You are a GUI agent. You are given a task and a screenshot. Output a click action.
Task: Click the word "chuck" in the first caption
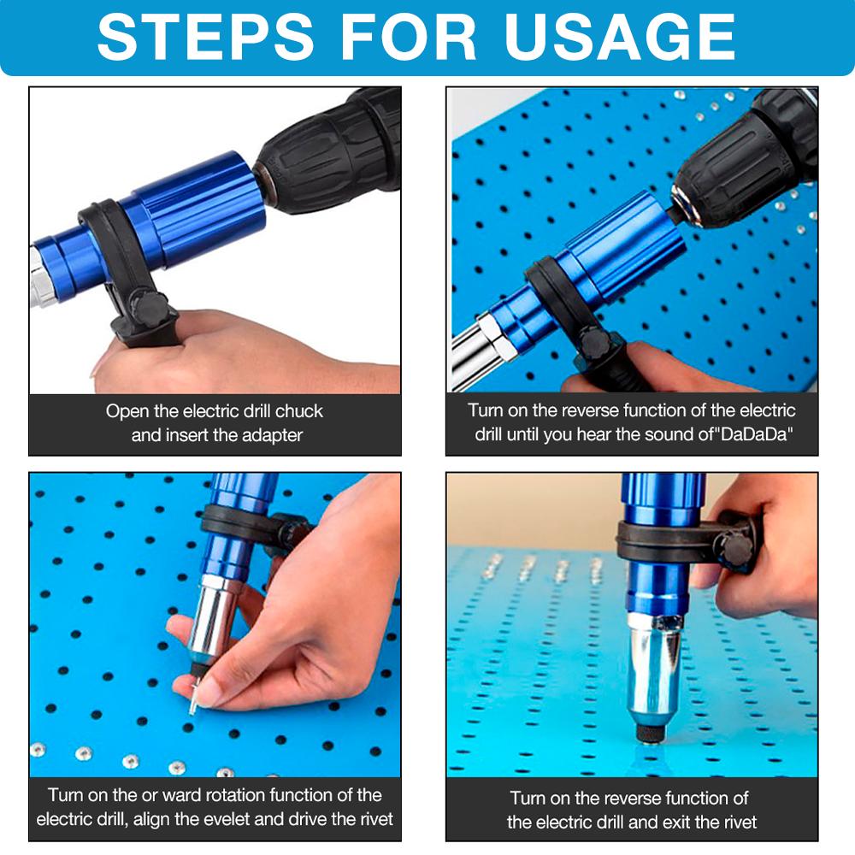point(298,411)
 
